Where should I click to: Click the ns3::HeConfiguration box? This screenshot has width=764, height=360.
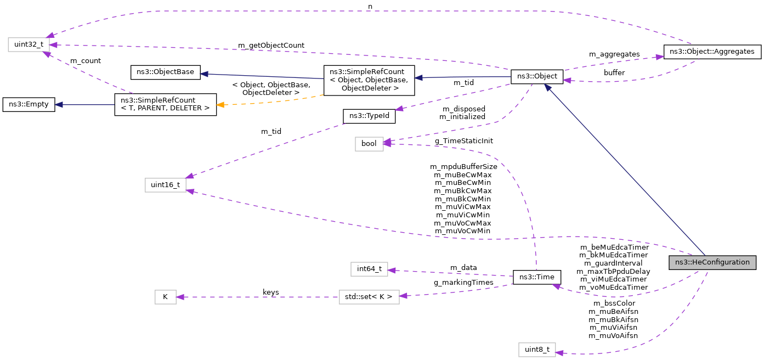pyautogui.click(x=712, y=262)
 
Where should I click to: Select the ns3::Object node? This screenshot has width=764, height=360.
pyautogui.click(x=536, y=77)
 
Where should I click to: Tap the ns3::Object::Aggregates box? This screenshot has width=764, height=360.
pyautogui.click(x=712, y=52)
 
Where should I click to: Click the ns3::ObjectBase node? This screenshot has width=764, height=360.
pyautogui.click(x=165, y=72)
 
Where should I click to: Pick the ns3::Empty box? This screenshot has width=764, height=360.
pyautogui.click(x=29, y=105)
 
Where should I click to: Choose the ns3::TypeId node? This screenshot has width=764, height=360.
pyautogui.click(x=369, y=116)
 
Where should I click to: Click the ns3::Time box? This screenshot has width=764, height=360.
pyautogui.click(x=536, y=277)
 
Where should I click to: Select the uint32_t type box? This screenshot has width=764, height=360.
pyautogui.click(x=25, y=44)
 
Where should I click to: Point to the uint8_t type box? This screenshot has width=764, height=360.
pyautogui.click(x=537, y=350)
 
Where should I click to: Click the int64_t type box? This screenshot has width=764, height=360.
pyautogui.click(x=369, y=269)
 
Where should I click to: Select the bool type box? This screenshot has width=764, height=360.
pyautogui.click(x=369, y=143)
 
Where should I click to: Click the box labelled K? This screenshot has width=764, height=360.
pyautogui.click(x=165, y=297)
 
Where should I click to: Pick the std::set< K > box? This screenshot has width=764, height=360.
pyautogui.click(x=369, y=297)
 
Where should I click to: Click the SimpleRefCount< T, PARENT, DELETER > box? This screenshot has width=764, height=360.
pyautogui.click(x=165, y=104)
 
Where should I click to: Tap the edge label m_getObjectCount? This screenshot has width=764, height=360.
pyautogui.click(x=271, y=45)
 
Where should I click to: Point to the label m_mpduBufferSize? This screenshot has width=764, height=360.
pyautogui.click(x=463, y=166)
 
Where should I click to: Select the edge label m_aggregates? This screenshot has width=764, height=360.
pyautogui.click(x=614, y=54)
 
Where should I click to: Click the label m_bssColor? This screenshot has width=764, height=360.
pyautogui.click(x=613, y=303)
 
